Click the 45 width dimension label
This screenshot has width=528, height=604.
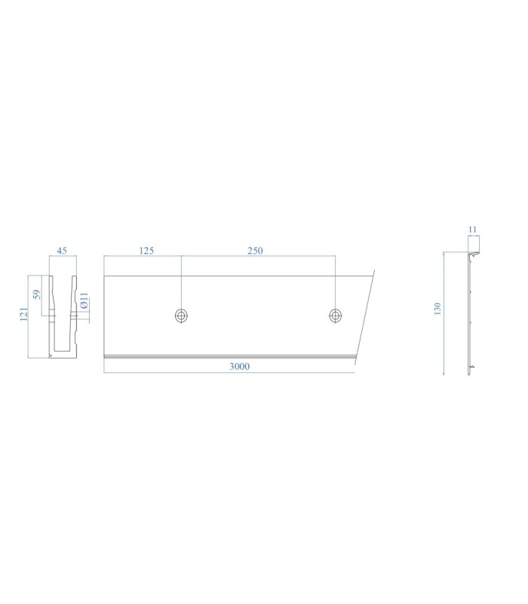point(62,251)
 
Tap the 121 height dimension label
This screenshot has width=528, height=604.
point(24,314)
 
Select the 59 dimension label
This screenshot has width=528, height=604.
point(36,294)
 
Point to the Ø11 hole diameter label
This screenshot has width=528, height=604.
point(84,300)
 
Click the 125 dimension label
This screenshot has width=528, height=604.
point(146,251)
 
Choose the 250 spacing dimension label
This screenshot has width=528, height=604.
point(255,251)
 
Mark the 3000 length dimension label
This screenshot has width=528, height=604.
point(239,366)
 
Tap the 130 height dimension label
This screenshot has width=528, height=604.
point(437,309)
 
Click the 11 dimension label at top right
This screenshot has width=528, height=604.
point(473,230)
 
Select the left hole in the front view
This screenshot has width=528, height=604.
point(181,316)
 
